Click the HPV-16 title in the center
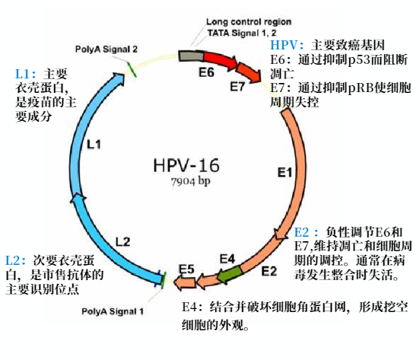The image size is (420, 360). pos(186,165)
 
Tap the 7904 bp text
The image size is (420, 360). pos(191,181)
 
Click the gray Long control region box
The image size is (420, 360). pos(191,56)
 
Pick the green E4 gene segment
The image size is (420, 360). pos(230,273)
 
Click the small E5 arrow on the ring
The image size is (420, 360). pos(185,283)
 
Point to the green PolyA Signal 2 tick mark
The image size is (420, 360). pos(131,70)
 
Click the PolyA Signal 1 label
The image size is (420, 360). pos(113,311)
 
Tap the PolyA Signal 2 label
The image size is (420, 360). pos(107,49)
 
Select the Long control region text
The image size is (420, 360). pos(249,22)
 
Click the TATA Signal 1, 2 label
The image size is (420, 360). pos(242,33)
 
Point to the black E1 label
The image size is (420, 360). pos(285,173)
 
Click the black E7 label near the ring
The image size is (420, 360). pos(237,87)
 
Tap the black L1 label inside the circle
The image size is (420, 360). pos(94,145)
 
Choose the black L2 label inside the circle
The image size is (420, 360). pos(123,242)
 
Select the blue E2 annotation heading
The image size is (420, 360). pos(306,232)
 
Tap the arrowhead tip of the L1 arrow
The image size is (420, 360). pos(125,74)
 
